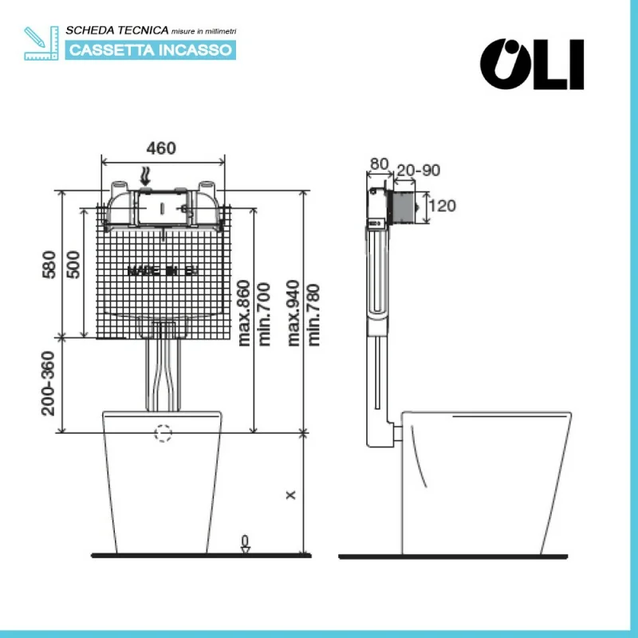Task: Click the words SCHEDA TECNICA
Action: pos(117,30)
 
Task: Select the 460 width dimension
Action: pos(161,148)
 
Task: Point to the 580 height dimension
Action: pos(49,264)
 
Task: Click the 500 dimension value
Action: pos(73,264)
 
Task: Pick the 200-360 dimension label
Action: pos(49,383)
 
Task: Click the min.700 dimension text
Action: pos(265,313)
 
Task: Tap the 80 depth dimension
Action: pos(379,164)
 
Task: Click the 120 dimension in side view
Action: pos(443,206)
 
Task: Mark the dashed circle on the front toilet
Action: pos(163,433)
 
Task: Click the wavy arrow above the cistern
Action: pos(144,174)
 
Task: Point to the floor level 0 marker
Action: pos(245,543)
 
